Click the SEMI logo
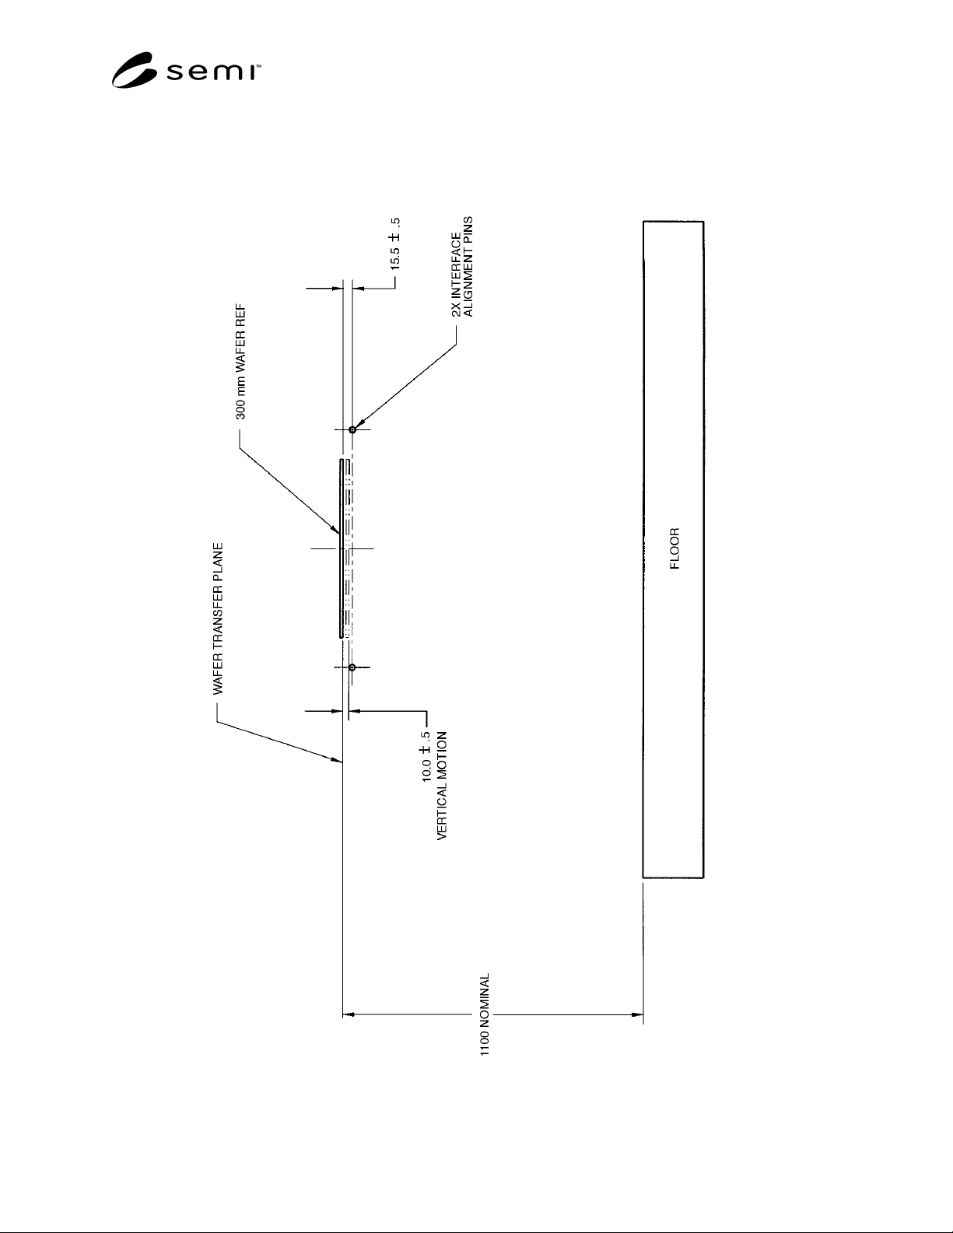pos(186,70)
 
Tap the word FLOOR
pos(674,548)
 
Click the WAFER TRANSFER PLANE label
pos(218,618)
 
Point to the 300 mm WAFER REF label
pos(241,363)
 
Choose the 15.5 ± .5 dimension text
pos(395,243)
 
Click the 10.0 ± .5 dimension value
pos(426,757)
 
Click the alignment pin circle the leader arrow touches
pos(352,429)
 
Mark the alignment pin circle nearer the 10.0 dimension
pos(352,667)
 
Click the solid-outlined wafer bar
pos(342,548)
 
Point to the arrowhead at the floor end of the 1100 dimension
pos(637,1014)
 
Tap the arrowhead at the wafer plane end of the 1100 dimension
pos(349,1014)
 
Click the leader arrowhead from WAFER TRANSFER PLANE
pos(337,759)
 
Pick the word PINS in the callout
pos(468,229)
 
